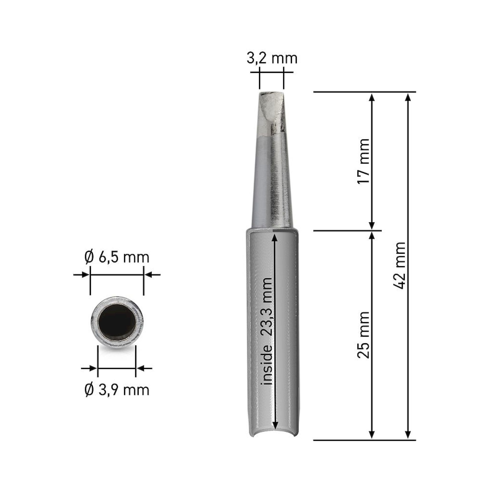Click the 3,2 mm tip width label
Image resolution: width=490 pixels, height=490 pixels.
(x=272, y=59)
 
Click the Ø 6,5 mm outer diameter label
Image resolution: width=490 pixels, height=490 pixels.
(x=117, y=258)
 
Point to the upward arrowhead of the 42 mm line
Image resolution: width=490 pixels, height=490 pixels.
(x=408, y=98)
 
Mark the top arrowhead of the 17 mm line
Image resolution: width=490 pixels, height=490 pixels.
(x=372, y=98)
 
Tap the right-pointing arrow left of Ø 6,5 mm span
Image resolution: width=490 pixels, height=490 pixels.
(x=86, y=275)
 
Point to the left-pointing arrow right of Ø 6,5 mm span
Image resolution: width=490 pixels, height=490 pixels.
(x=148, y=275)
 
